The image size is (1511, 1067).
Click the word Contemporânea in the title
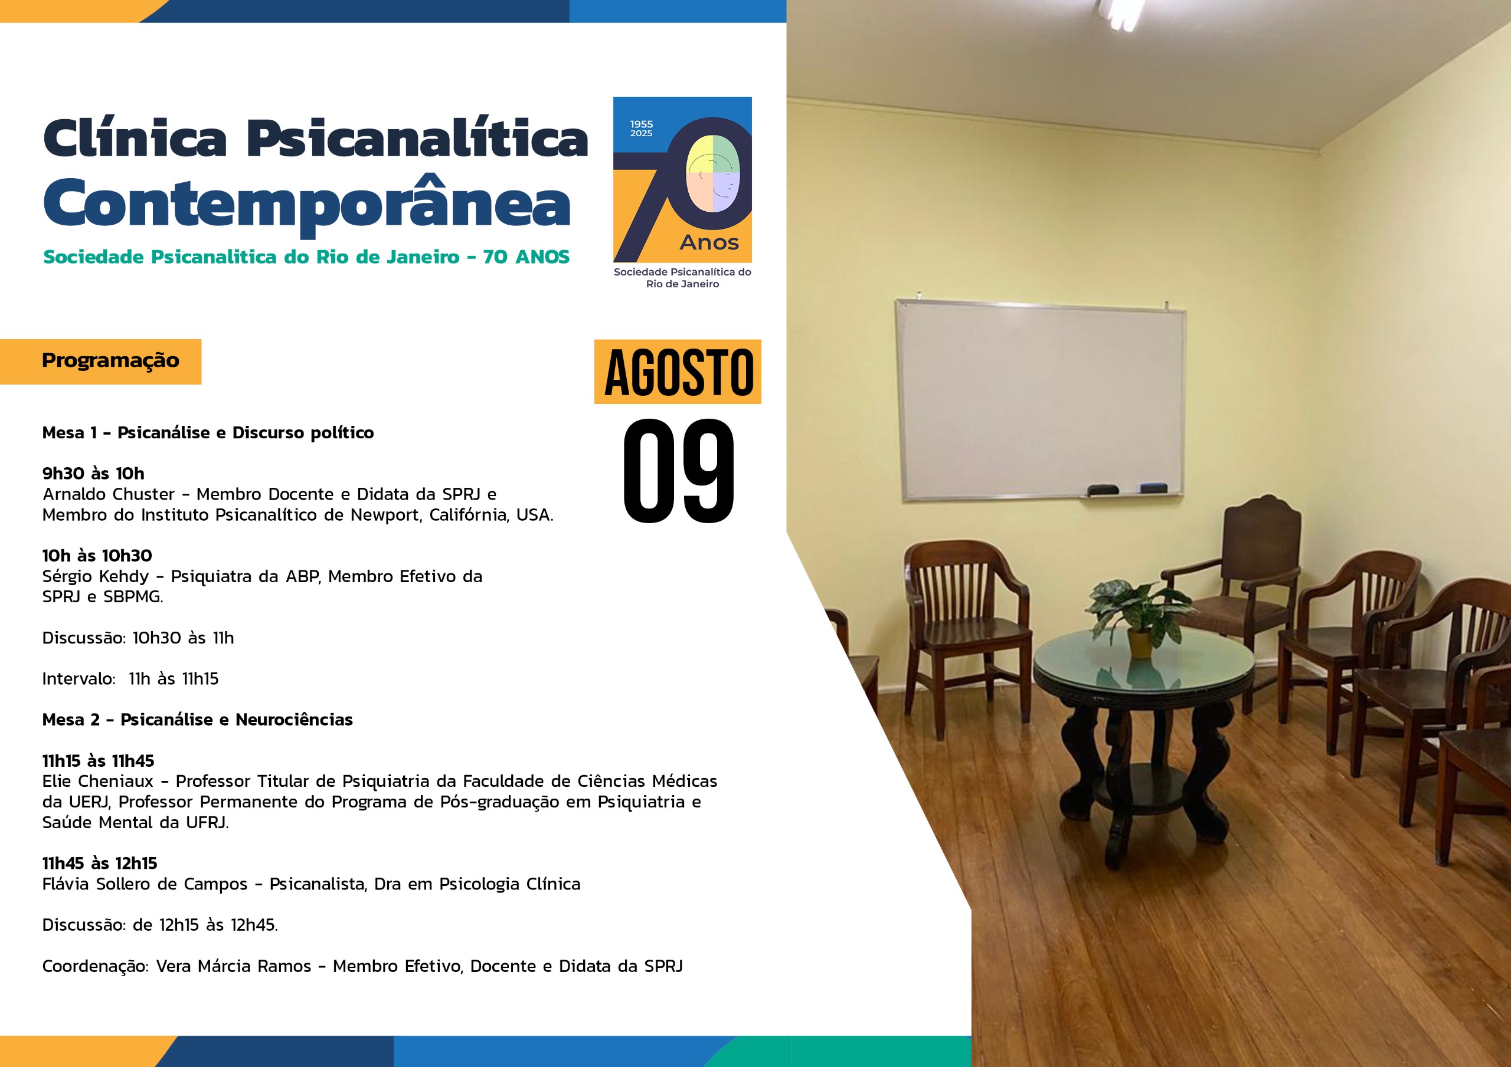click(307, 205)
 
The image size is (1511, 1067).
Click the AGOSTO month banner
click(678, 372)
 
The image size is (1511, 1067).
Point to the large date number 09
click(679, 471)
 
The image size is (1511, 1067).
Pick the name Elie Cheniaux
click(97, 782)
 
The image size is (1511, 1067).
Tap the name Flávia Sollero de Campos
click(145, 884)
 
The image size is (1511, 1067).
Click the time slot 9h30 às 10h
click(93, 474)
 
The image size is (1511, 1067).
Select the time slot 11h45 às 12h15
click(100, 864)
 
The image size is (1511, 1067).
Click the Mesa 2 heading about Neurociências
click(197, 720)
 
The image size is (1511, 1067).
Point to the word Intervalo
click(79, 679)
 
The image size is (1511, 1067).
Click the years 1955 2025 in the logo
click(642, 128)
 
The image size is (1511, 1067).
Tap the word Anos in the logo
click(709, 243)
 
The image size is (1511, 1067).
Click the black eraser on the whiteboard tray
click(1103, 490)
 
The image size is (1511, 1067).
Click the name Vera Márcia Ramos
click(234, 966)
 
